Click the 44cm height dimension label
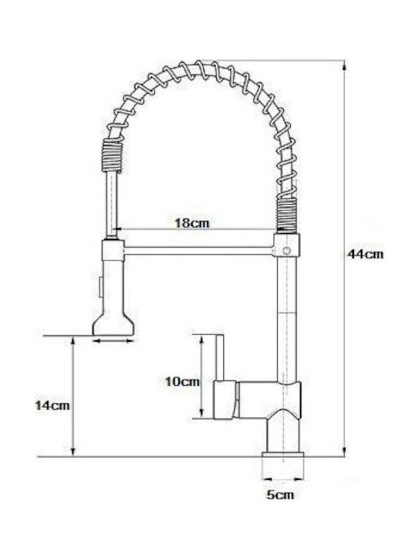(366, 254)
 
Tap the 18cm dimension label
(192, 223)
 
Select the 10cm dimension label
(183, 381)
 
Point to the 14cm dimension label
(52, 405)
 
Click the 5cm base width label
(280, 495)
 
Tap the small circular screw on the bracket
(286, 250)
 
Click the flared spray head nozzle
(114, 323)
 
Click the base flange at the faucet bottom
(283, 454)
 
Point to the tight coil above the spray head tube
(112, 156)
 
